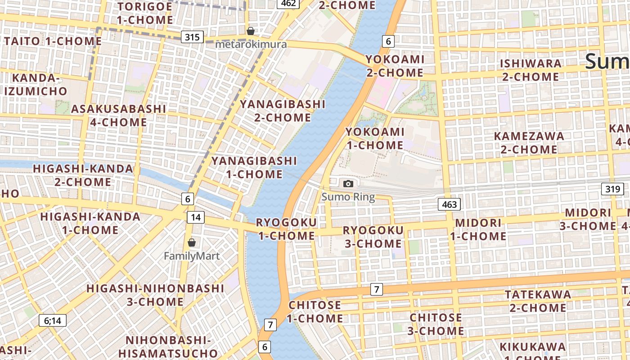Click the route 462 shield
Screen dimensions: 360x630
click(x=288, y=4)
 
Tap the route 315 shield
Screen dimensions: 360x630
click(x=192, y=37)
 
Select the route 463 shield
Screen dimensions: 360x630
click(x=449, y=205)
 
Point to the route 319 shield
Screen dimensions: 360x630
click(x=613, y=189)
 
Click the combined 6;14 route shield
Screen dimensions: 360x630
click(x=53, y=320)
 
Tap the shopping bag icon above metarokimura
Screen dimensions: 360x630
click(x=251, y=31)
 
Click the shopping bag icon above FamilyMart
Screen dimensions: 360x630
click(x=192, y=243)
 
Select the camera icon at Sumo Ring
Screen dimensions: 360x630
click(x=348, y=184)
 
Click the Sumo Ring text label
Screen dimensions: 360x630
click(x=348, y=197)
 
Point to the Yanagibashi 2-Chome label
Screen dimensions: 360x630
click(x=283, y=111)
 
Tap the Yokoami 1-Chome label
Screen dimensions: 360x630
click(x=375, y=139)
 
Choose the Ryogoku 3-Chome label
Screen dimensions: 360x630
click(x=373, y=237)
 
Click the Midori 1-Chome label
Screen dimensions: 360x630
click(x=478, y=229)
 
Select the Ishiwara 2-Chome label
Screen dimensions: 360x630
click(x=531, y=70)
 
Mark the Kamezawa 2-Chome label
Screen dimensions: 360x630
click(x=529, y=143)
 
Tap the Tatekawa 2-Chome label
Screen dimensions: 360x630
click(x=538, y=301)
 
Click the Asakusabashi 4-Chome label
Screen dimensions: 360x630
click(x=118, y=116)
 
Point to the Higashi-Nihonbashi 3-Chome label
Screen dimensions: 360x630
click(x=155, y=295)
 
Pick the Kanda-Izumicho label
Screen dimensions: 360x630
click(x=36, y=85)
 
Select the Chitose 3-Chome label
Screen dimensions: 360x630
click(x=436, y=324)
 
